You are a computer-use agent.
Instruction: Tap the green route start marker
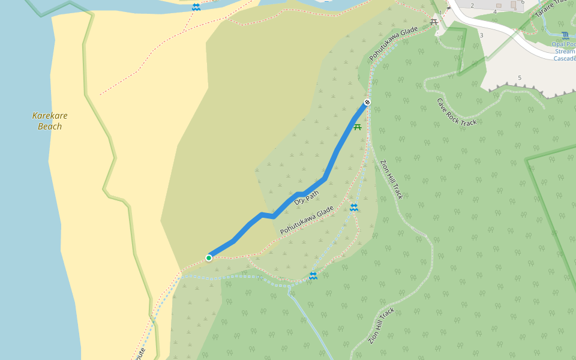pos(209,258)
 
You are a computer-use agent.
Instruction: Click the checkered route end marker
pos(367,102)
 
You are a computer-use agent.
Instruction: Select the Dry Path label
pos(307,198)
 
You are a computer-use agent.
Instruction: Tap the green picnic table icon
pos(358,127)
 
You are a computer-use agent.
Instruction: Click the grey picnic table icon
pos(434,22)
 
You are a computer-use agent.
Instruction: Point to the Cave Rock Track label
pos(457,112)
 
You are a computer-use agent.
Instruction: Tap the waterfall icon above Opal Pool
pos(565,35)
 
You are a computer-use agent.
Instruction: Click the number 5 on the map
pos(520,78)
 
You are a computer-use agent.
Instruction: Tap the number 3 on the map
pos(481,35)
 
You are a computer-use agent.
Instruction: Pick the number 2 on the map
pos(472,6)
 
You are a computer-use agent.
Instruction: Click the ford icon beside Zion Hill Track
pos(354,208)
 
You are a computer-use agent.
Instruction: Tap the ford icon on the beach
pos(196,7)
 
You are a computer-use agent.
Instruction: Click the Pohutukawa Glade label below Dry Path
pos(307,220)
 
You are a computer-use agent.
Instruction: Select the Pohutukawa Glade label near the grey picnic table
pos(394,43)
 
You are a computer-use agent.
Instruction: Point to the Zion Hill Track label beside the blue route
pos(392,179)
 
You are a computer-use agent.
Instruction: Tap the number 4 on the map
pos(495,12)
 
